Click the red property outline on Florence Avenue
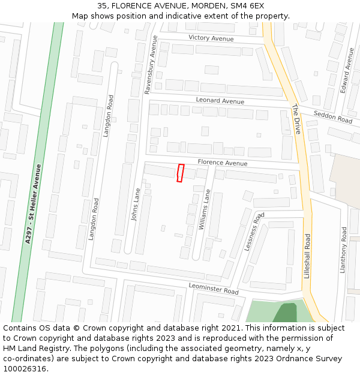click(181, 173)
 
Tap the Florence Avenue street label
click(223, 163)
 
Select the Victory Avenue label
click(211, 38)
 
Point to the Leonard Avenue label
click(220, 101)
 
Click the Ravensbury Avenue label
click(151, 64)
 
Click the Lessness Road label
click(254, 231)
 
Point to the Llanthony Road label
click(344, 250)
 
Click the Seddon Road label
click(333, 116)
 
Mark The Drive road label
click(296, 119)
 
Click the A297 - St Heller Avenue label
click(33, 203)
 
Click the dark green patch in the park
click(286, 313)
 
